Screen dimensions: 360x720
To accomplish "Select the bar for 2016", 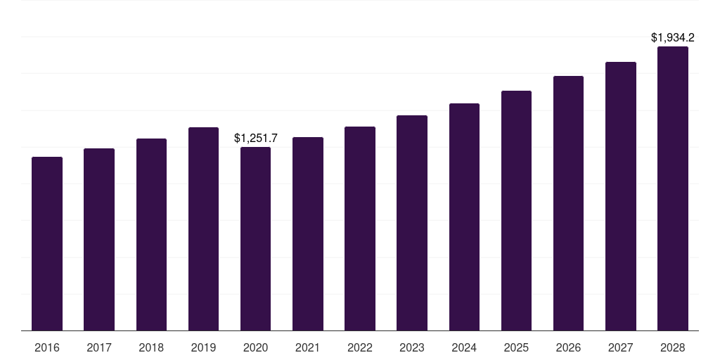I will tap(47, 243).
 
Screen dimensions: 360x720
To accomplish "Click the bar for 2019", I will tap(203, 229).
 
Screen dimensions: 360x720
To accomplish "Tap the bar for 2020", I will tap(255, 238).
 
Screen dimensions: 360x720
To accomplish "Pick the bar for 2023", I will tap(412, 223).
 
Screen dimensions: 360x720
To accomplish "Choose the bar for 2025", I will tap(516, 210).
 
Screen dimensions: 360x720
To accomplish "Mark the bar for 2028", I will tap(673, 188).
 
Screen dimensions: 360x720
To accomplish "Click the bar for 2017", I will tap(99, 239).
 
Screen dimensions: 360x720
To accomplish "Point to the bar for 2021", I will tap(308, 233).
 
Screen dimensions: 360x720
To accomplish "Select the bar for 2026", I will tap(568, 203).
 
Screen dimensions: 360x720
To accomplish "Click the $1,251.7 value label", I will tap(256, 139).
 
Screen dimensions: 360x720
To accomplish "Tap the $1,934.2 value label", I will tap(673, 37).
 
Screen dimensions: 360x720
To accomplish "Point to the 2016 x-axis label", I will tap(47, 347).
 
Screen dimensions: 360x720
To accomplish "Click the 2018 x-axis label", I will tap(151, 347).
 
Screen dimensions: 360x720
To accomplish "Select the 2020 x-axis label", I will tap(255, 347).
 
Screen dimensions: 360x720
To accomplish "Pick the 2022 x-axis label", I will tap(360, 347).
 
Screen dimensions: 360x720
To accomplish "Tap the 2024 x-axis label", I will tap(464, 347).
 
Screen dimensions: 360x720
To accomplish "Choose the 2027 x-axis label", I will tap(621, 347).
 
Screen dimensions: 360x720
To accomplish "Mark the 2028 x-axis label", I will tap(673, 347).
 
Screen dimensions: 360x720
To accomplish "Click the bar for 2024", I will tap(464, 217).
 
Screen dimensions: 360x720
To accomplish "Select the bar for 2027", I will tap(621, 196).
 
